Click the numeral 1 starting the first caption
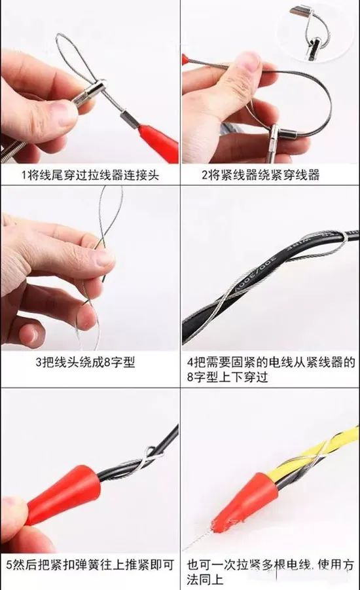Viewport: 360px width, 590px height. tap(24, 175)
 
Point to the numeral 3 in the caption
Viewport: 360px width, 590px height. tap(39, 362)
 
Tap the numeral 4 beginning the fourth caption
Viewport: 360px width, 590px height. tap(190, 362)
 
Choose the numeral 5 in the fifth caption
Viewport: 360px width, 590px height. tap(10, 564)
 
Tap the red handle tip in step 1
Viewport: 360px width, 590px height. tap(158, 143)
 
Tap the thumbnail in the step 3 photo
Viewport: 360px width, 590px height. tap(99, 259)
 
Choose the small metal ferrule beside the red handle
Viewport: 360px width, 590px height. tap(128, 118)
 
